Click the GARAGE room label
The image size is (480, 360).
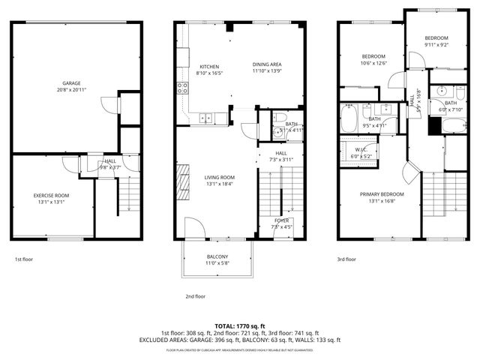tap(71, 83)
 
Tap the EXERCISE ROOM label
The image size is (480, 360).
tap(52, 195)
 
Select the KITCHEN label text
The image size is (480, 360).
tap(209, 65)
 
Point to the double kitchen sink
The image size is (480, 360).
tap(206, 117)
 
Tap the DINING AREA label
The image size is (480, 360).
tap(266, 64)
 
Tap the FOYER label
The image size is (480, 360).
tap(281, 220)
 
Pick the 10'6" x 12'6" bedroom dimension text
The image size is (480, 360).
tap(373, 63)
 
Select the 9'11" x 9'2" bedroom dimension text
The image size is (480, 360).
tap(436, 44)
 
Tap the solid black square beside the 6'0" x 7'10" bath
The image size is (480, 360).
tap(433, 124)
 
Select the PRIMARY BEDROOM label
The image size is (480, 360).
tap(382, 194)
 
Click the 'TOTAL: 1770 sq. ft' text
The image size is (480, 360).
tap(240, 325)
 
